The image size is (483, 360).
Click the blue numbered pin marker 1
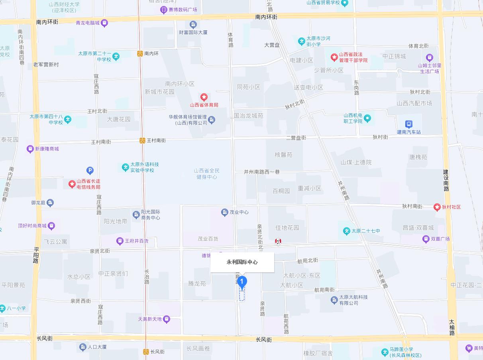pos(242,282)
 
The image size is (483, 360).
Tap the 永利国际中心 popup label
pos(242,262)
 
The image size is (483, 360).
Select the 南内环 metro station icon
pos(140,53)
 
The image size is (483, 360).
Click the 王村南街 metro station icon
pos(142,140)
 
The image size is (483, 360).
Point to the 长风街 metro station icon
pos(146,352)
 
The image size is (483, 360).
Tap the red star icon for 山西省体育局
pos(204,97)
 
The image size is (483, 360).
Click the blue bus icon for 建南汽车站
pos(408,124)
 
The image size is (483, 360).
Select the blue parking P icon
pos(90,171)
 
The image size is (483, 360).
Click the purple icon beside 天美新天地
pos(167,319)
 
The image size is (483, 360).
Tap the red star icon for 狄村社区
pos(437,207)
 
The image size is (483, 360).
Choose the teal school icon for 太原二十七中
pos(346,231)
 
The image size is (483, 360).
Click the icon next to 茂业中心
pos(224,212)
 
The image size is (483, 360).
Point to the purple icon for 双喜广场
pos(426,239)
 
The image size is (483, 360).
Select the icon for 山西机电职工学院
pos(367,118)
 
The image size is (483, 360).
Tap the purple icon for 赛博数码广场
pos(163,10)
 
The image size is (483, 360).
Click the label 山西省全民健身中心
pos(206,173)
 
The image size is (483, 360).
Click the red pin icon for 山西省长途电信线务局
pos(72,184)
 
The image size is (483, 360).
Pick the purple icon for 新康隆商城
pos(30,149)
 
